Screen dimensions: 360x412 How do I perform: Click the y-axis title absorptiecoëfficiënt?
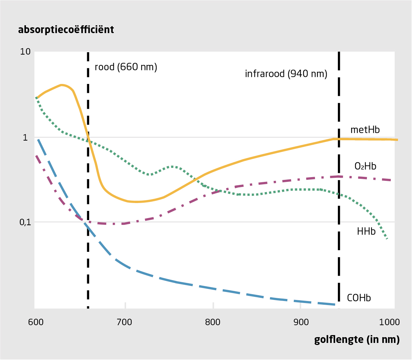66,30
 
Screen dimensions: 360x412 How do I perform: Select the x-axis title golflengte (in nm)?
357,340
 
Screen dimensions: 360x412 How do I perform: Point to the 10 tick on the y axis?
26,52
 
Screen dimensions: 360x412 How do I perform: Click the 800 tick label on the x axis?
212,322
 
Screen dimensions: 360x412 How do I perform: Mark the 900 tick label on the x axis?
301,322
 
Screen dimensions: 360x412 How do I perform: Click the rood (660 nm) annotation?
126,67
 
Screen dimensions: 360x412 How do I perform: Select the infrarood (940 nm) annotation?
286,74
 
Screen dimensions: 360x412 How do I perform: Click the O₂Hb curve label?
365,166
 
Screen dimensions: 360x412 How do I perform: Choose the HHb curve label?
366,232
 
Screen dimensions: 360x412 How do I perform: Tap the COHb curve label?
359,298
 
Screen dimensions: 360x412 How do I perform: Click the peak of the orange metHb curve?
61,85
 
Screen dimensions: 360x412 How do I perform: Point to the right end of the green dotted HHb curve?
387,239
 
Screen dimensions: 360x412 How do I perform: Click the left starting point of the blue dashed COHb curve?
38,139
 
